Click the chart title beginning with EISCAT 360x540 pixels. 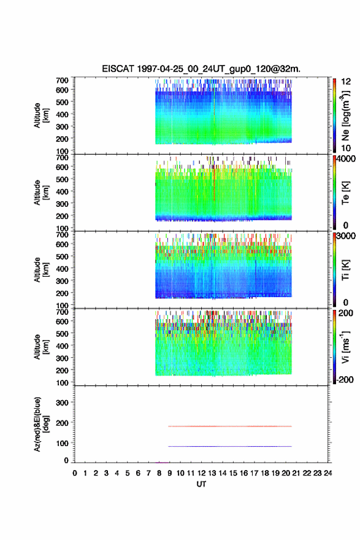[201, 69]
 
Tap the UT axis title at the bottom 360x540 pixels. [201, 484]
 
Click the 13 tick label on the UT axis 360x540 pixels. [212, 473]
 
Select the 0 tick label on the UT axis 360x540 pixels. [75, 473]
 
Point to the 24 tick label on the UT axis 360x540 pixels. [328, 473]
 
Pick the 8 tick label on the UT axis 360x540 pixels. [159, 473]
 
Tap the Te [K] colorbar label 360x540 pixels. [345, 193]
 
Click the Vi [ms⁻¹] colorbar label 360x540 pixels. [345, 347]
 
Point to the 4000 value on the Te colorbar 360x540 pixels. [346, 160]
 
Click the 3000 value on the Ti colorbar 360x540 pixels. [346, 236]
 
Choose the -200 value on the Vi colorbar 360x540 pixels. [344, 379]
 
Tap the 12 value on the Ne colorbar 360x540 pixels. [346, 81]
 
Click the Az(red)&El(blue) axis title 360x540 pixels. [41, 424]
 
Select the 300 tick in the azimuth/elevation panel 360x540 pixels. [62, 403]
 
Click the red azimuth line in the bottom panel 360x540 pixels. [230, 426]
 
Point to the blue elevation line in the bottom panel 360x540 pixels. [230, 446]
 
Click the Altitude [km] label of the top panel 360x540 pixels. [41, 115]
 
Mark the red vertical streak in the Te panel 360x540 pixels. [214, 182]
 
